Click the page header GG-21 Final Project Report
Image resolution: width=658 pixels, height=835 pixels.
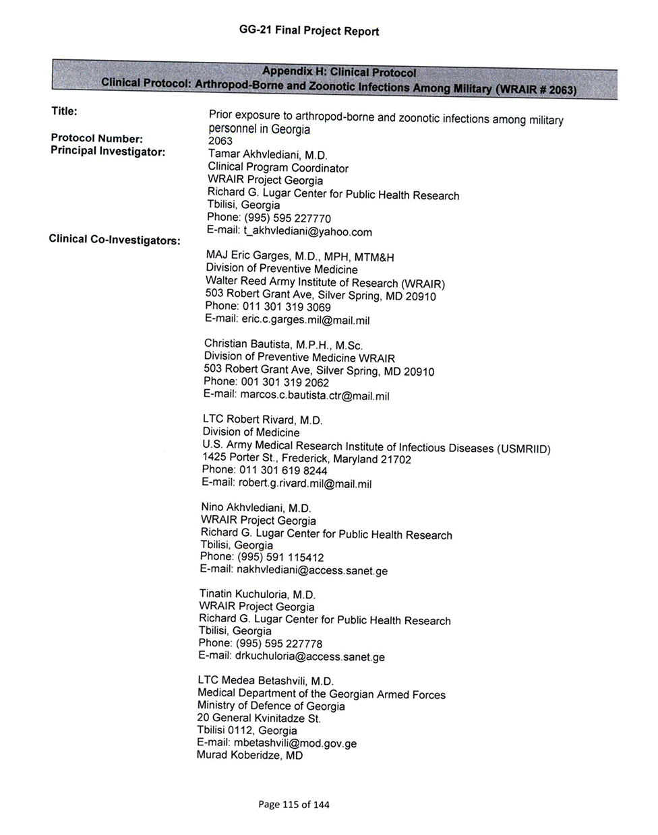pos(309,31)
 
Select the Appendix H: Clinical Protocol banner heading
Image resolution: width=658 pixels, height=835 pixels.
pos(339,72)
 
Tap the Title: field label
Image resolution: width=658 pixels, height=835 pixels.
pos(64,110)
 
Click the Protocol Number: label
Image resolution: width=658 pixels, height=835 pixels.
pos(96,139)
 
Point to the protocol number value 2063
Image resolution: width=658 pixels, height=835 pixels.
pos(220,141)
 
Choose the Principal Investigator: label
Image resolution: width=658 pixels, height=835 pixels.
pos(108,152)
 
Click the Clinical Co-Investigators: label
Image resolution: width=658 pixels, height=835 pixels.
pos(115,239)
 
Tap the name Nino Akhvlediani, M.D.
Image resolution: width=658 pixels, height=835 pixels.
pos(256,507)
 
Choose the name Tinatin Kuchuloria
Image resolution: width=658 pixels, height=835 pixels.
pos(257,594)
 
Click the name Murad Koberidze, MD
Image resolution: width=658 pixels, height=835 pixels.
pos(249,755)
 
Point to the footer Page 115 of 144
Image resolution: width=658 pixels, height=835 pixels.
pos(294,804)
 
